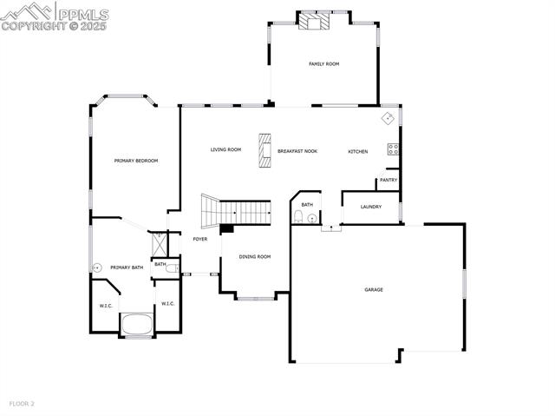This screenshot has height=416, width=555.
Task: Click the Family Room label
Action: pyautogui.click(x=323, y=64)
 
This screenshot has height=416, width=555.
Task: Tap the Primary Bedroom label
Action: pyautogui.click(x=136, y=161)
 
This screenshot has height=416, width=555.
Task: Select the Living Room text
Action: pyautogui.click(x=225, y=149)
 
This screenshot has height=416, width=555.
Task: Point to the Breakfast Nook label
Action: pyautogui.click(x=297, y=151)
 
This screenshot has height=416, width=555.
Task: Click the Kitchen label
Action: pyautogui.click(x=358, y=152)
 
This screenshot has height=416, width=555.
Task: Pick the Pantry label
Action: pyautogui.click(x=388, y=181)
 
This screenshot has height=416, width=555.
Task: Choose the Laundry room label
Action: pyautogui.click(x=371, y=207)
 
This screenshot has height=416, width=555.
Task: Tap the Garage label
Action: pyautogui.click(x=374, y=289)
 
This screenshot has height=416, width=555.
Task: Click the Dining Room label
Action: pyautogui.click(x=255, y=256)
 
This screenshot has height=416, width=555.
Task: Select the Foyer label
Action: pyautogui.click(x=200, y=239)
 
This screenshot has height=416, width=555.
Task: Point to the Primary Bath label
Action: pyautogui.click(x=127, y=267)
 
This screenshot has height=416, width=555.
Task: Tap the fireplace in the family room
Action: pyautogui.click(x=310, y=22)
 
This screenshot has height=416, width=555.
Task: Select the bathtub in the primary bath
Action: pyautogui.click(x=136, y=324)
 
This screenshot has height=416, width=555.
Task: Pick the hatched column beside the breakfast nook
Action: pyautogui.click(x=264, y=148)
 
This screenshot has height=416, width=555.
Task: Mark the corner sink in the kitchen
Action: pyautogui.click(x=388, y=117)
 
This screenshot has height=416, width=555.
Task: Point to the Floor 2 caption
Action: pyautogui.click(x=22, y=404)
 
